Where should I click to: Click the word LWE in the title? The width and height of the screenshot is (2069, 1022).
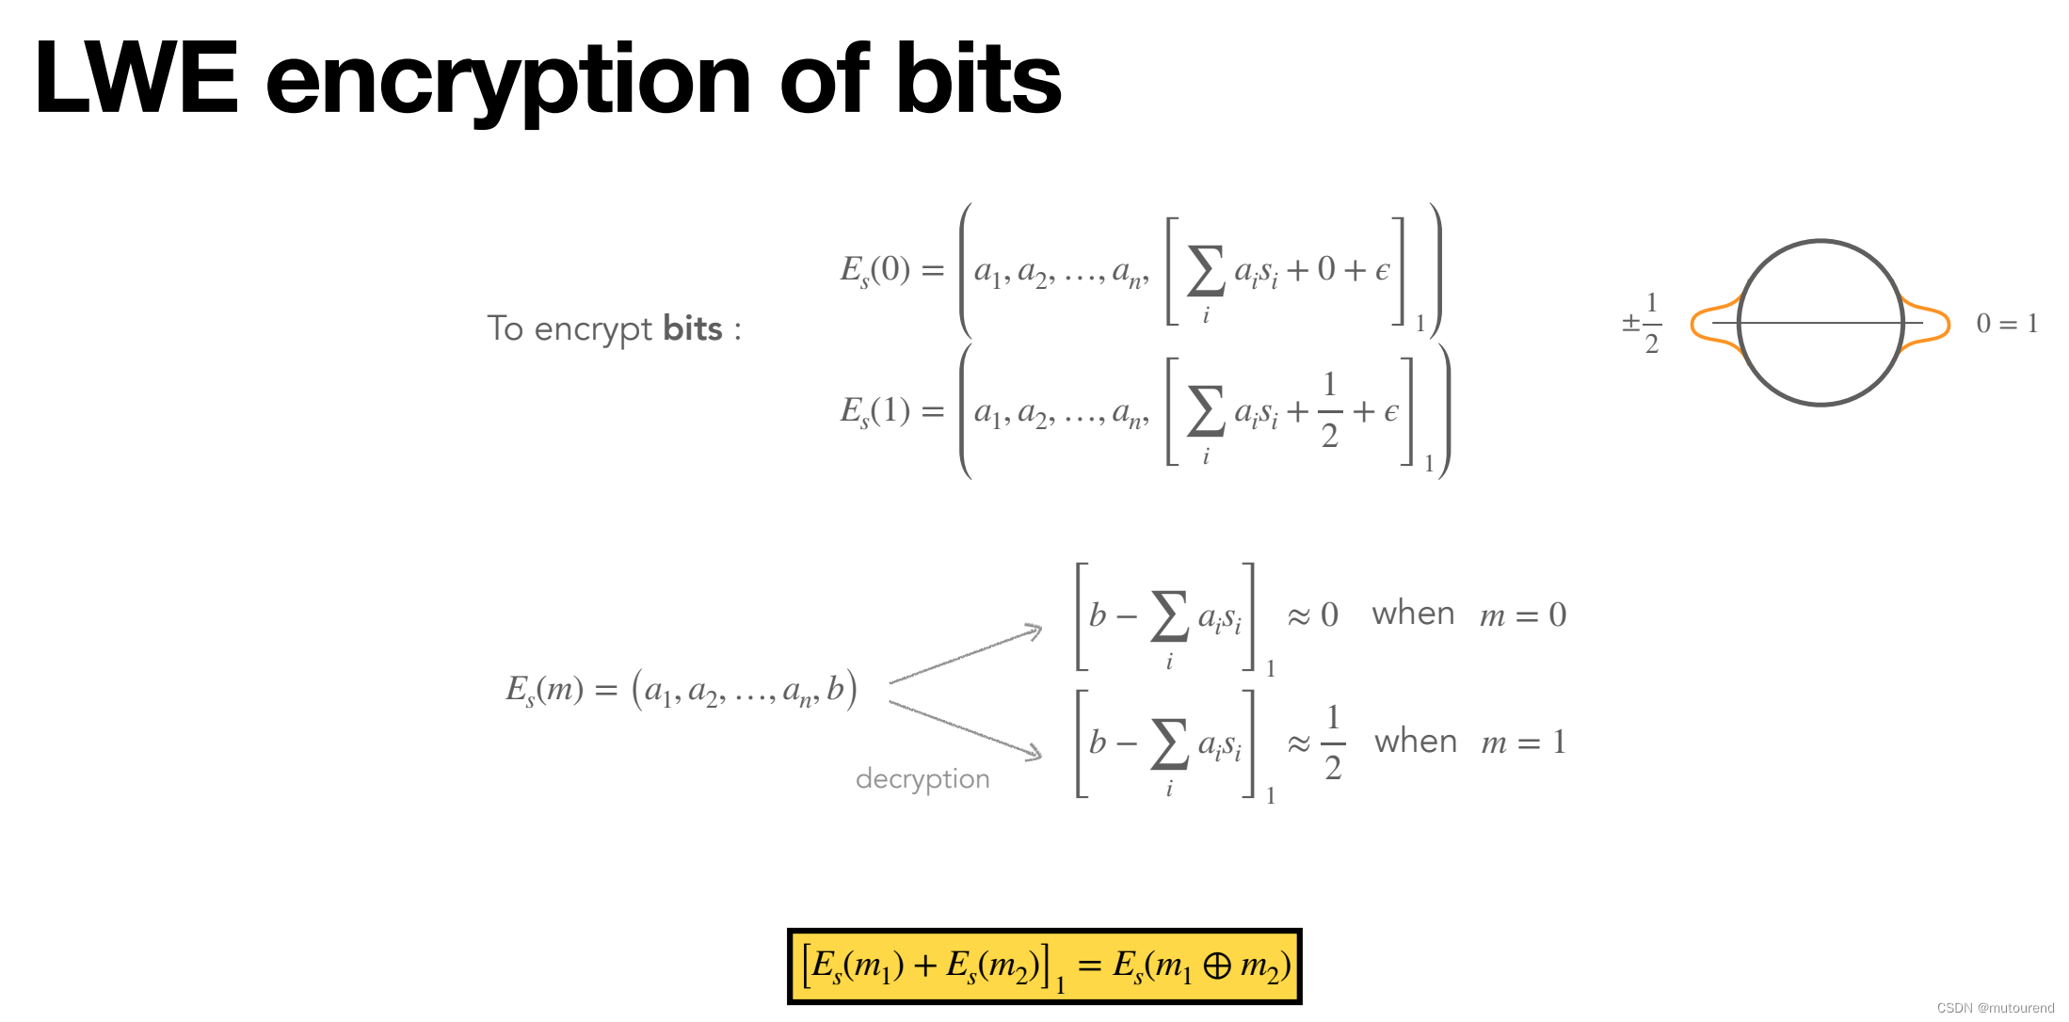coord(136,79)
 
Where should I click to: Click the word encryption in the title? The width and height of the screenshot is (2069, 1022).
coord(508,83)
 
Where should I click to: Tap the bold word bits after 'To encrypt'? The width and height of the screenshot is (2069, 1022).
coord(693,328)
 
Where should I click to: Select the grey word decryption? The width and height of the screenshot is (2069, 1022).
coord(922,779)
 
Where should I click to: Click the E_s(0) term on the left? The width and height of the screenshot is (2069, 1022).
coord(875,270)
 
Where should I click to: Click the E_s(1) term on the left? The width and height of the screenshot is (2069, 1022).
coord(875,411)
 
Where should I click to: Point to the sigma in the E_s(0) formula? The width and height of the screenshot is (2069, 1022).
coord(1206,271)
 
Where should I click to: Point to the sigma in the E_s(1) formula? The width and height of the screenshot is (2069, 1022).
coord(1206,412)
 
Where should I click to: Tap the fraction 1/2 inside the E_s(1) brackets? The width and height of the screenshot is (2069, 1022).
coord(1329,410)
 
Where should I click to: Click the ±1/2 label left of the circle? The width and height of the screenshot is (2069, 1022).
coord(1643,324)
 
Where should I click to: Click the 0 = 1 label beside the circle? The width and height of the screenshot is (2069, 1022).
coord(2007,324)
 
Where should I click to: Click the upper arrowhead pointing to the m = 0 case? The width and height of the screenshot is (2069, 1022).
coord(1034,630)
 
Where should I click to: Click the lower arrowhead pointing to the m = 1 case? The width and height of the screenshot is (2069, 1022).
coord(1034,752)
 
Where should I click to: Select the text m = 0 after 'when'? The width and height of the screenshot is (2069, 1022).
coord(1523,615)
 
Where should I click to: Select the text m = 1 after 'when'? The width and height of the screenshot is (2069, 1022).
coord(1523,743)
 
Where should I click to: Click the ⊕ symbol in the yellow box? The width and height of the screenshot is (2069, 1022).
coord(1216,966)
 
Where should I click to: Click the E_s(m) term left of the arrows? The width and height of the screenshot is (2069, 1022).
coord(545,690)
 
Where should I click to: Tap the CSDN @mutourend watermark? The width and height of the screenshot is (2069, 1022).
coord(1995,1008)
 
